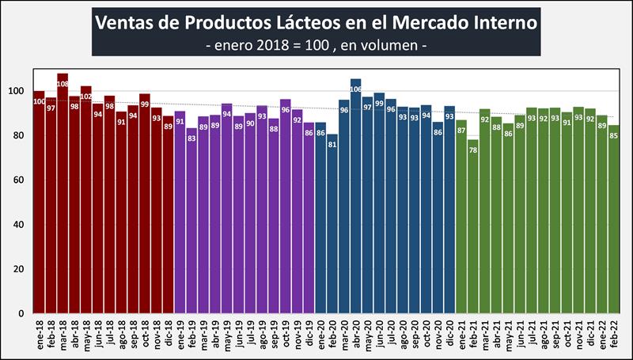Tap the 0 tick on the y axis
(x=23, y=313)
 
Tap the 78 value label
(x=472, y=151)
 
